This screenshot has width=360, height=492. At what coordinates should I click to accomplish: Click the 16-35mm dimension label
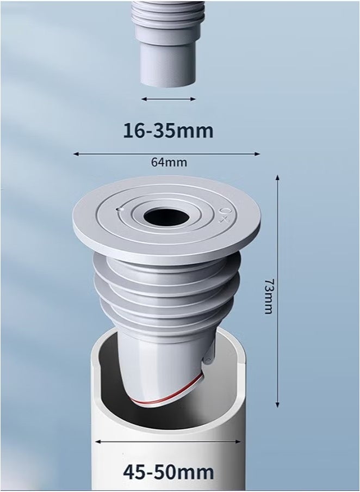(x=168, y=131)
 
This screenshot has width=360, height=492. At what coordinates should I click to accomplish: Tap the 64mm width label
(x=168, y=162)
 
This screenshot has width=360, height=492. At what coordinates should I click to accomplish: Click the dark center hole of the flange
(x=166, y=217)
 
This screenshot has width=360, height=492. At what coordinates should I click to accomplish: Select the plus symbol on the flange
(x=223, y=220)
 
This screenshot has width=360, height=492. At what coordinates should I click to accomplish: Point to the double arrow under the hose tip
(x=168, y=99)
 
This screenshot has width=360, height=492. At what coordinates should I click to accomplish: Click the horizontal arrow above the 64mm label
(x=166, y=154)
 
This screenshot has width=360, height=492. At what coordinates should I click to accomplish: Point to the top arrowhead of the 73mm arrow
(x=278, y=179)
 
